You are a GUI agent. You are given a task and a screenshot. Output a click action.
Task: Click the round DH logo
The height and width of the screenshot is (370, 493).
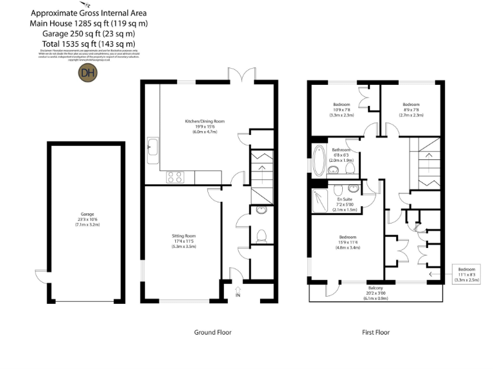pos(86,73)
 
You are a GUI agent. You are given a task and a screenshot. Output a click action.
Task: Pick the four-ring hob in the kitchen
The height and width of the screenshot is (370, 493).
pos(175,177)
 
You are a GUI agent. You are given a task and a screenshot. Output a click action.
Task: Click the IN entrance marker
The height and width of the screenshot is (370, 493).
pos(238,294)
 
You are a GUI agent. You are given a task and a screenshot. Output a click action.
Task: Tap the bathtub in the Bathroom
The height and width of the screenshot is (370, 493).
pos(319,161)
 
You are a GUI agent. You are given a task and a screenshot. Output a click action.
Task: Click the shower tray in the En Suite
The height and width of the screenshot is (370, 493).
pos(319,201)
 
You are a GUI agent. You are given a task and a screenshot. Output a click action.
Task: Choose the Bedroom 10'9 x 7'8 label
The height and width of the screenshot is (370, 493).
pos(342,109)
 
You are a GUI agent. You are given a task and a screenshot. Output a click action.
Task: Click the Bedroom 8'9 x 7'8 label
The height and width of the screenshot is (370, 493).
pos(411,109)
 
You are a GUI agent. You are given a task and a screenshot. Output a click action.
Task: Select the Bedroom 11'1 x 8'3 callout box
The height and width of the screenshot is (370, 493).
pos(467,274)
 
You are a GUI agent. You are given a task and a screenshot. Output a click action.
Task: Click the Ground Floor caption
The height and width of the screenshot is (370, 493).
pos(212,332)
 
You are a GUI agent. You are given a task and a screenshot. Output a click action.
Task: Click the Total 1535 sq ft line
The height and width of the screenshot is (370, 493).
pos(88,43)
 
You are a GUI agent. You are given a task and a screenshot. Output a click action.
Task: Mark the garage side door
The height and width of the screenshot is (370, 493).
pos(41,276)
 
